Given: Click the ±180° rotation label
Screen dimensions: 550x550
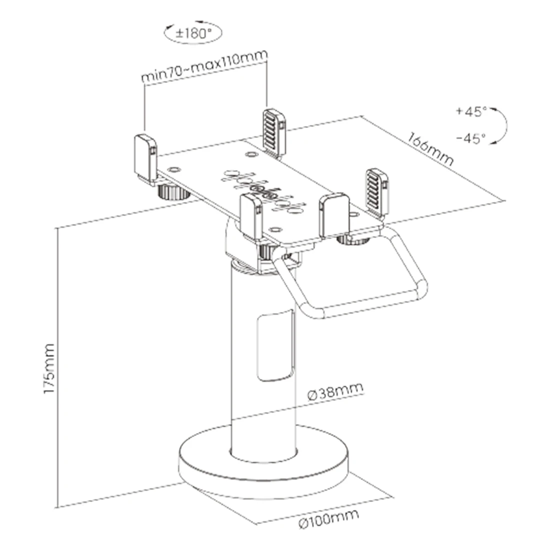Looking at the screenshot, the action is [x=193, y=33].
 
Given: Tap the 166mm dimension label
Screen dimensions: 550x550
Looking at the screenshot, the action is [x=430, y=148].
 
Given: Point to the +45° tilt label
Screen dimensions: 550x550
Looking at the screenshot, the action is [x=471, y=111].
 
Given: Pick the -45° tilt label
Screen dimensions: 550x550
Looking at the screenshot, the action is [x=471, y=138].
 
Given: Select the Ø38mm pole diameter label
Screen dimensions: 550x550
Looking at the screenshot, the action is [x=335, y=391].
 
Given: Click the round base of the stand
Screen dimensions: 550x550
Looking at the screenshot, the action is [x=264, y=463].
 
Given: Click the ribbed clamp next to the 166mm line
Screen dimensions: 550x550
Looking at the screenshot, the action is [x=377, y=192].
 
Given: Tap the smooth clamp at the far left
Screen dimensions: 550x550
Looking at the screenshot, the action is [x=145, y=159].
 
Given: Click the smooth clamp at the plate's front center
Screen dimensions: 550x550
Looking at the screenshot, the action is [x=251, y=217].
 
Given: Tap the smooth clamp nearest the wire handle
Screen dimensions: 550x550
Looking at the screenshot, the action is [x=334, y=215].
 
